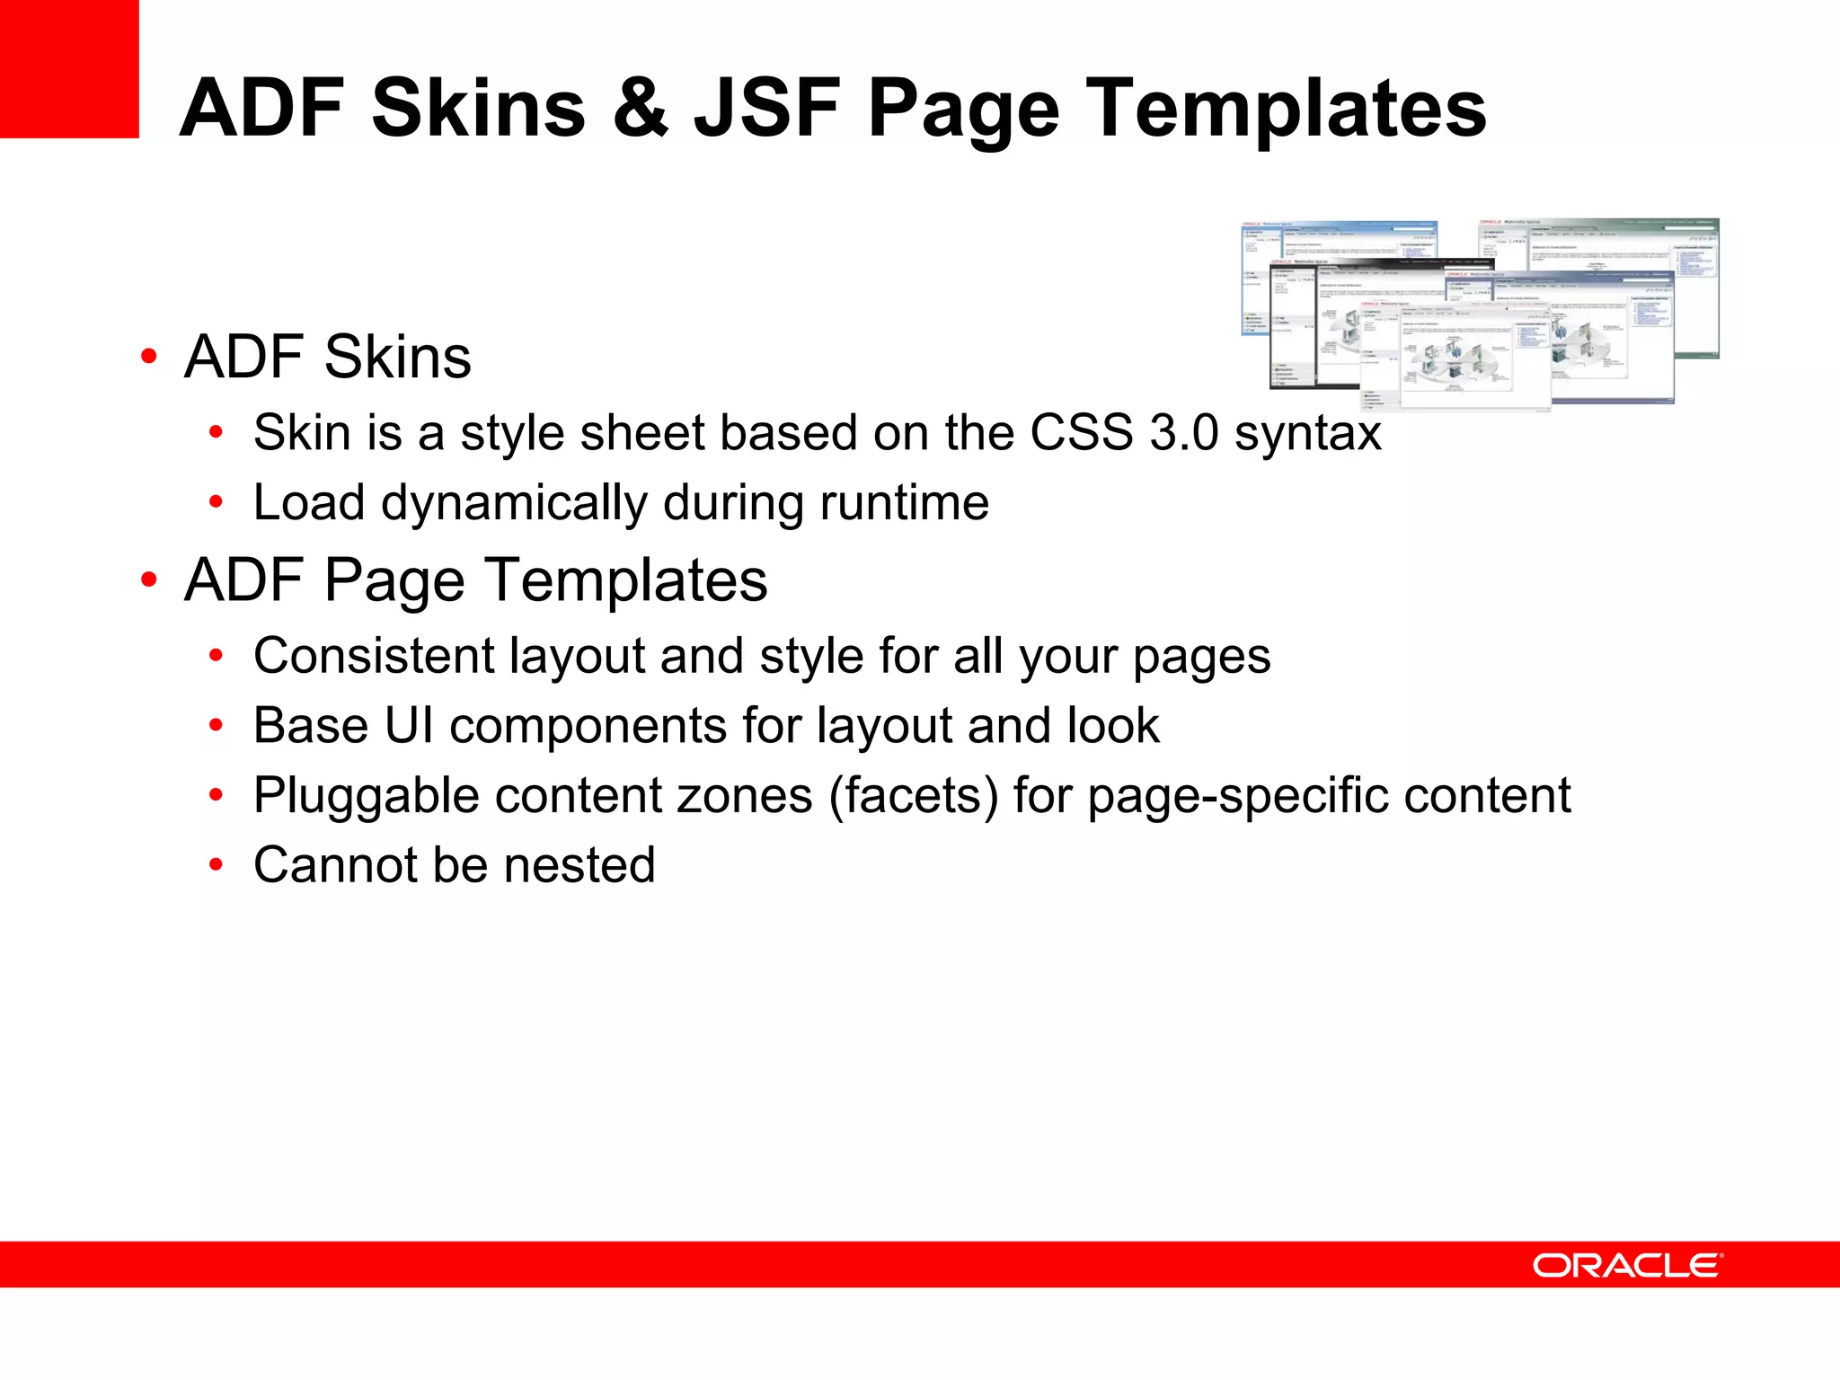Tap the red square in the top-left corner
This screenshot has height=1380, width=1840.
pyautogui.click(x=69, y=69)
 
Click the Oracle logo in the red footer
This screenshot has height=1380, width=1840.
pyautogui.click(x=1627, y=1265)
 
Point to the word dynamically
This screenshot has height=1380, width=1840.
pyautogui.click(x=514, y=503)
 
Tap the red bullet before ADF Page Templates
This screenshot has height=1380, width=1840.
pyautogui.click(x=149, y=580)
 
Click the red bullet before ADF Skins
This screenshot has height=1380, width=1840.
pyautogui.click(x=149, y=357)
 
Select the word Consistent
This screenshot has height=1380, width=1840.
pyautogui.click(x=373, y=656)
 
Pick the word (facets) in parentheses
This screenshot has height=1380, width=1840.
pyautogui.click(x=913, y=796)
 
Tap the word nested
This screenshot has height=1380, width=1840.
pyautogui.click(x=579, y=865)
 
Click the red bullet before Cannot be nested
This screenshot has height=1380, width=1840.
pyautogui.click(x=216, y=865)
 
